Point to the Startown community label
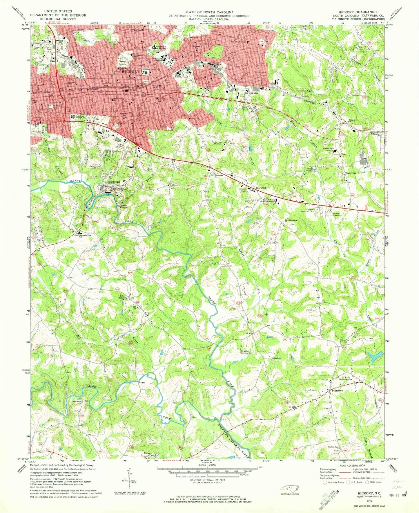click(x=337, y=391)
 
